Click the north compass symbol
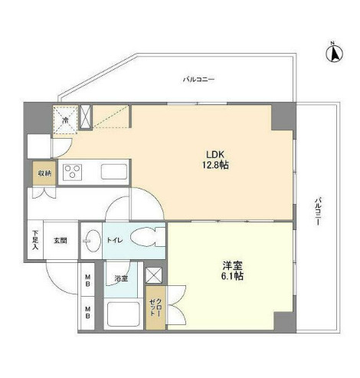pos(334,53)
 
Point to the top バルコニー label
pos(198,79)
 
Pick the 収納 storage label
pos(44,173)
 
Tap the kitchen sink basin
pos(114,171)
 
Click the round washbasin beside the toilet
pos(90,239)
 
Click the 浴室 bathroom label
pos(122,278)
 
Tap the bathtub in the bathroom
pos(122,314)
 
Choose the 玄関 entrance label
pos(61,240)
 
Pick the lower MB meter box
pos(88,313)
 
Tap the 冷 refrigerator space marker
pos(66,120)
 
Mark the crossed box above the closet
pos(154,274)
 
